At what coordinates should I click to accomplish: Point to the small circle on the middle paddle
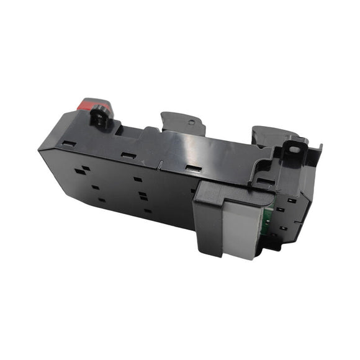point(192,123)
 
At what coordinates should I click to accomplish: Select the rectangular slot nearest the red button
point(70,143)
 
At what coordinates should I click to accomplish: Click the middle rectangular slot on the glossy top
point(128,155)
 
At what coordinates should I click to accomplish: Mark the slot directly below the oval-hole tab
point(266,181)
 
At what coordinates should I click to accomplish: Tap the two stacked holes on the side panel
point(143,197)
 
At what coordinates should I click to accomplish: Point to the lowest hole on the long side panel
point(148,212)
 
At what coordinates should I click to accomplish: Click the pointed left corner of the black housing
point(39,149)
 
